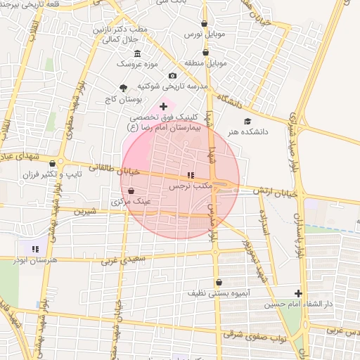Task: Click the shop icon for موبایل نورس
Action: pos(204,23)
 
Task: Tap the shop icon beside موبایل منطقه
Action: pos(205,52)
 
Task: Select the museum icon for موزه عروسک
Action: pos(137,54)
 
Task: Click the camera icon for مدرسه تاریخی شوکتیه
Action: pos(172,76)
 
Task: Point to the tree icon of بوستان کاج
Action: pos(124,88)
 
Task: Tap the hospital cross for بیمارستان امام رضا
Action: pos(164,106)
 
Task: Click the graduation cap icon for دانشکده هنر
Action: pos(247,122)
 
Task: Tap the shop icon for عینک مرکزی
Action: pos(131,191)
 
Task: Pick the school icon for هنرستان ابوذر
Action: pos(35,248)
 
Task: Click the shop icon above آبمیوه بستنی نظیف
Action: pos(219,282)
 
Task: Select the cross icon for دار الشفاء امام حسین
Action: pos(299,293)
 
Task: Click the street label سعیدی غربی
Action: pos(122,260)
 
